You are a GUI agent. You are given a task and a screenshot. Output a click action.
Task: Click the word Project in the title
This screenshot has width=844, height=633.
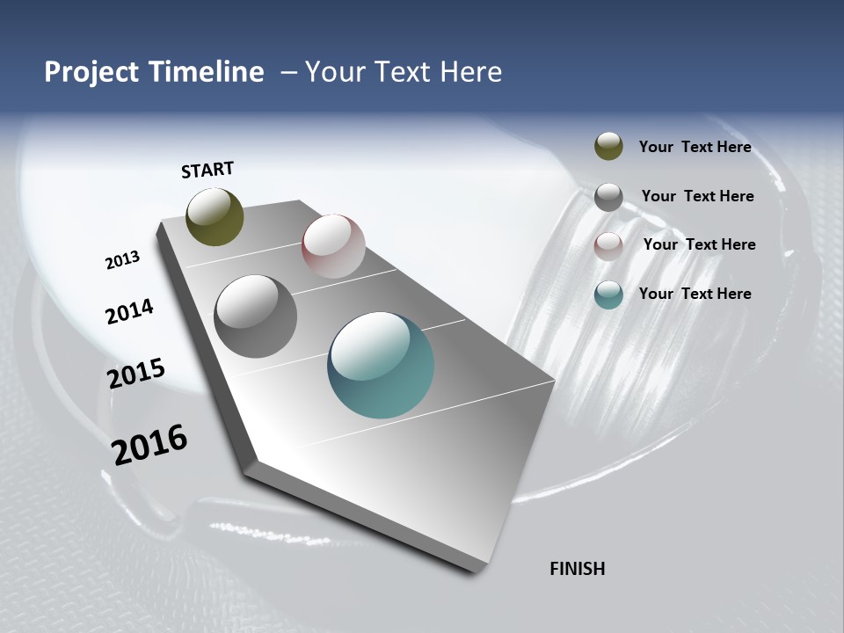[90, 72]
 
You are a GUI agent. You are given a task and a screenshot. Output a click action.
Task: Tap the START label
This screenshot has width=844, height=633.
[207, 170]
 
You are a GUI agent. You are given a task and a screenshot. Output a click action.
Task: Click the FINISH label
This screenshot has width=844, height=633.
[577, 569]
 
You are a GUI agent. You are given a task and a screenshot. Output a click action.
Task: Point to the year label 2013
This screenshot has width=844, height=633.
[122, 260]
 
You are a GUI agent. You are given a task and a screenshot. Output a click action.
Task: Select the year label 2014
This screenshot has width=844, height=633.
[129, 311]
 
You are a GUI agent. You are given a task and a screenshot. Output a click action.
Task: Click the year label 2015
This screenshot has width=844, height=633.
[135, 373]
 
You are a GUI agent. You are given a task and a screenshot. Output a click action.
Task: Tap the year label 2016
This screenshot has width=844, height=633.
[149, 445]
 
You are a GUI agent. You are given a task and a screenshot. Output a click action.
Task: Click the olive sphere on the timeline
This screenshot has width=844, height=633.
[215, 216]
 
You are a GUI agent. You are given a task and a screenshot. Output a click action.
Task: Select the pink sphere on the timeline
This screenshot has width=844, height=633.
[333, 246]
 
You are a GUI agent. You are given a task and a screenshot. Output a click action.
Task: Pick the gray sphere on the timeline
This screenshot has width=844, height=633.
[255, 316]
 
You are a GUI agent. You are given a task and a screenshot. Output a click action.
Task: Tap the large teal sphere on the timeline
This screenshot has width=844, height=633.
[381, 365]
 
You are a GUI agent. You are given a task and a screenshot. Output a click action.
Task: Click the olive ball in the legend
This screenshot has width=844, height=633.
[608, 146]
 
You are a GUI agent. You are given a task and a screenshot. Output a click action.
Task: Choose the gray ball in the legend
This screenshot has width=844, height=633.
[608, 197]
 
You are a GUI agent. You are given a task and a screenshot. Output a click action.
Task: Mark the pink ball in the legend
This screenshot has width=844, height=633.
[608, 246]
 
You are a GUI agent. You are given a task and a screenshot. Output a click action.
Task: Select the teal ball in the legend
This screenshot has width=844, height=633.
[608, 295]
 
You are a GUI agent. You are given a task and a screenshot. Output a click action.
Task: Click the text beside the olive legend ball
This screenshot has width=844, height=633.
[695, 147]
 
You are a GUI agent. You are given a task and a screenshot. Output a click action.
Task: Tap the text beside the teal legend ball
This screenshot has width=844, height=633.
[695, 294]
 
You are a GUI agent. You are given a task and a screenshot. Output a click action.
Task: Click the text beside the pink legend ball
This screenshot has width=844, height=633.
[699, 244]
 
